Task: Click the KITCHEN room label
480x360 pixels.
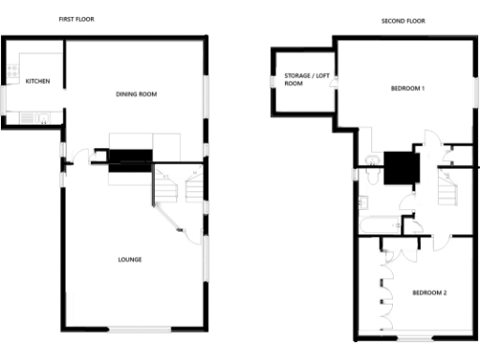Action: tap(37, 82)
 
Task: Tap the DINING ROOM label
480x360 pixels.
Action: tap(135, 94)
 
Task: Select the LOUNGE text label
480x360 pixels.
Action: tap(129, 259)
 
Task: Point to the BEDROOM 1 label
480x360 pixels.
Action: tap(408, 88)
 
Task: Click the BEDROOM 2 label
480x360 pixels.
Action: tap(429, 292)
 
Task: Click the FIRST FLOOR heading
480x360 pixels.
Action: tap(76, 19)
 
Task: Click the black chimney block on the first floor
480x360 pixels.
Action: tap(129, 159)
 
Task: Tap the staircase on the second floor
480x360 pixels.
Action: tap(449, 187)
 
